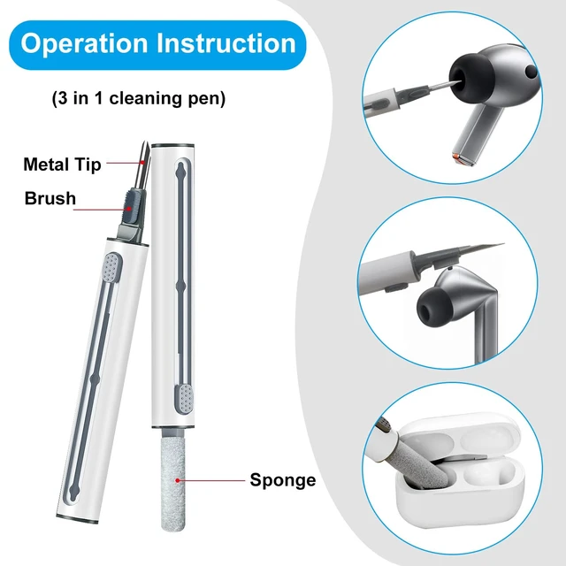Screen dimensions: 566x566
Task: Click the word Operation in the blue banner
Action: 85,44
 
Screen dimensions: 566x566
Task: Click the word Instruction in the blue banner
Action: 226,43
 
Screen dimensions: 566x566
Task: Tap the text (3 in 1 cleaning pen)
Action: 139,98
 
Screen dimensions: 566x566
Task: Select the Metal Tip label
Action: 62,164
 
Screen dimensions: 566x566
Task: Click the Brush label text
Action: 50,198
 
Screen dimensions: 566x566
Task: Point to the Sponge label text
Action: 283,480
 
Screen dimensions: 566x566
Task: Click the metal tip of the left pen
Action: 143,164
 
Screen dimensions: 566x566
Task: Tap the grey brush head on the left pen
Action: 133,207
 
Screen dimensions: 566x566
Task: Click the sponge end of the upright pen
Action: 173,484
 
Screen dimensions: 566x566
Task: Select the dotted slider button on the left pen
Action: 111,267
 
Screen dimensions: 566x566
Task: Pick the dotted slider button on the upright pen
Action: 186,398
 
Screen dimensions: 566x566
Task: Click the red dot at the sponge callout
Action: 177,480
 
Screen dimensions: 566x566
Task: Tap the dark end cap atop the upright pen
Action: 173,145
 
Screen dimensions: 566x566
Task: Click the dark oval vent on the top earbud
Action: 531,72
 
